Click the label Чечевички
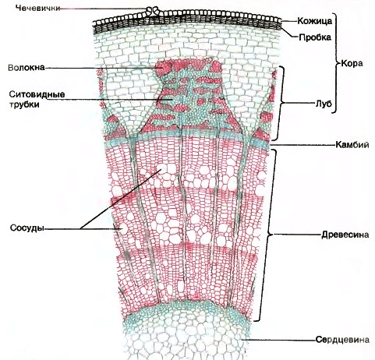point(37,8)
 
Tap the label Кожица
point(315,21)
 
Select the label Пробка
point(315,37)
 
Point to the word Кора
point(352,63)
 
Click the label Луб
point(324,104)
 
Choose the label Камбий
point(352,144)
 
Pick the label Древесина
point(345,235)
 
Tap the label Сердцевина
point(342,340)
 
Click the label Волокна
point(27,68)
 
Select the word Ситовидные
point(37,94)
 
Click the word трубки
point(24,104)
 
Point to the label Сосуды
point(27,228)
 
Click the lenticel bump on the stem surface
point(154,11)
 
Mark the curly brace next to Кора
point(335,63)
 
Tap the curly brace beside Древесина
point(265,235)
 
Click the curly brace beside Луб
point(280,104)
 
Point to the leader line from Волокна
point(101,68)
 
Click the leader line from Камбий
point(302,145)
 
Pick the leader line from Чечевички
point(103,9)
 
